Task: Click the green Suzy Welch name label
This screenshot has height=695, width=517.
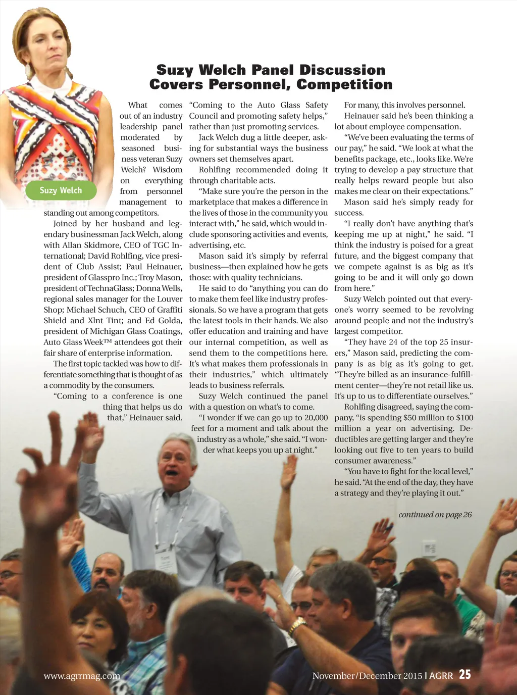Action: pyautogui.click(x=61, y=190)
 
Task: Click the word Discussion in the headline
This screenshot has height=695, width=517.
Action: pyautogui.click(x=342, y=70)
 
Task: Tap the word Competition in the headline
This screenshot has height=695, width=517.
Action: pyautogui.click(x=344, y=84)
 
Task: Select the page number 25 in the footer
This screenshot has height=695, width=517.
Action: pyautogui.click(x=465, y=675)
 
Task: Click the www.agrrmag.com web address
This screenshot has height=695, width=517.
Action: pyautogui.click(x=82, y=676)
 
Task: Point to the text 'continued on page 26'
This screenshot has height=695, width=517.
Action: pyautogui.click(x=435, y=515)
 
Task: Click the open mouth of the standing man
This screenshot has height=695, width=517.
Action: pyautogui.click(x=172, y=474)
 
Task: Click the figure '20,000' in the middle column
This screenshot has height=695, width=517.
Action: pyautogui.click(x=312, y=418)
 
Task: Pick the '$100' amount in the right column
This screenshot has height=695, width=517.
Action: pyautogui.click(x=463, y=418)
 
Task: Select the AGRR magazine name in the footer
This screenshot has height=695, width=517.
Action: pyautogui.click(x=441, y=676)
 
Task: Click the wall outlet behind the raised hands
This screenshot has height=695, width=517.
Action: pyautogui.click(x=429, y=548)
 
